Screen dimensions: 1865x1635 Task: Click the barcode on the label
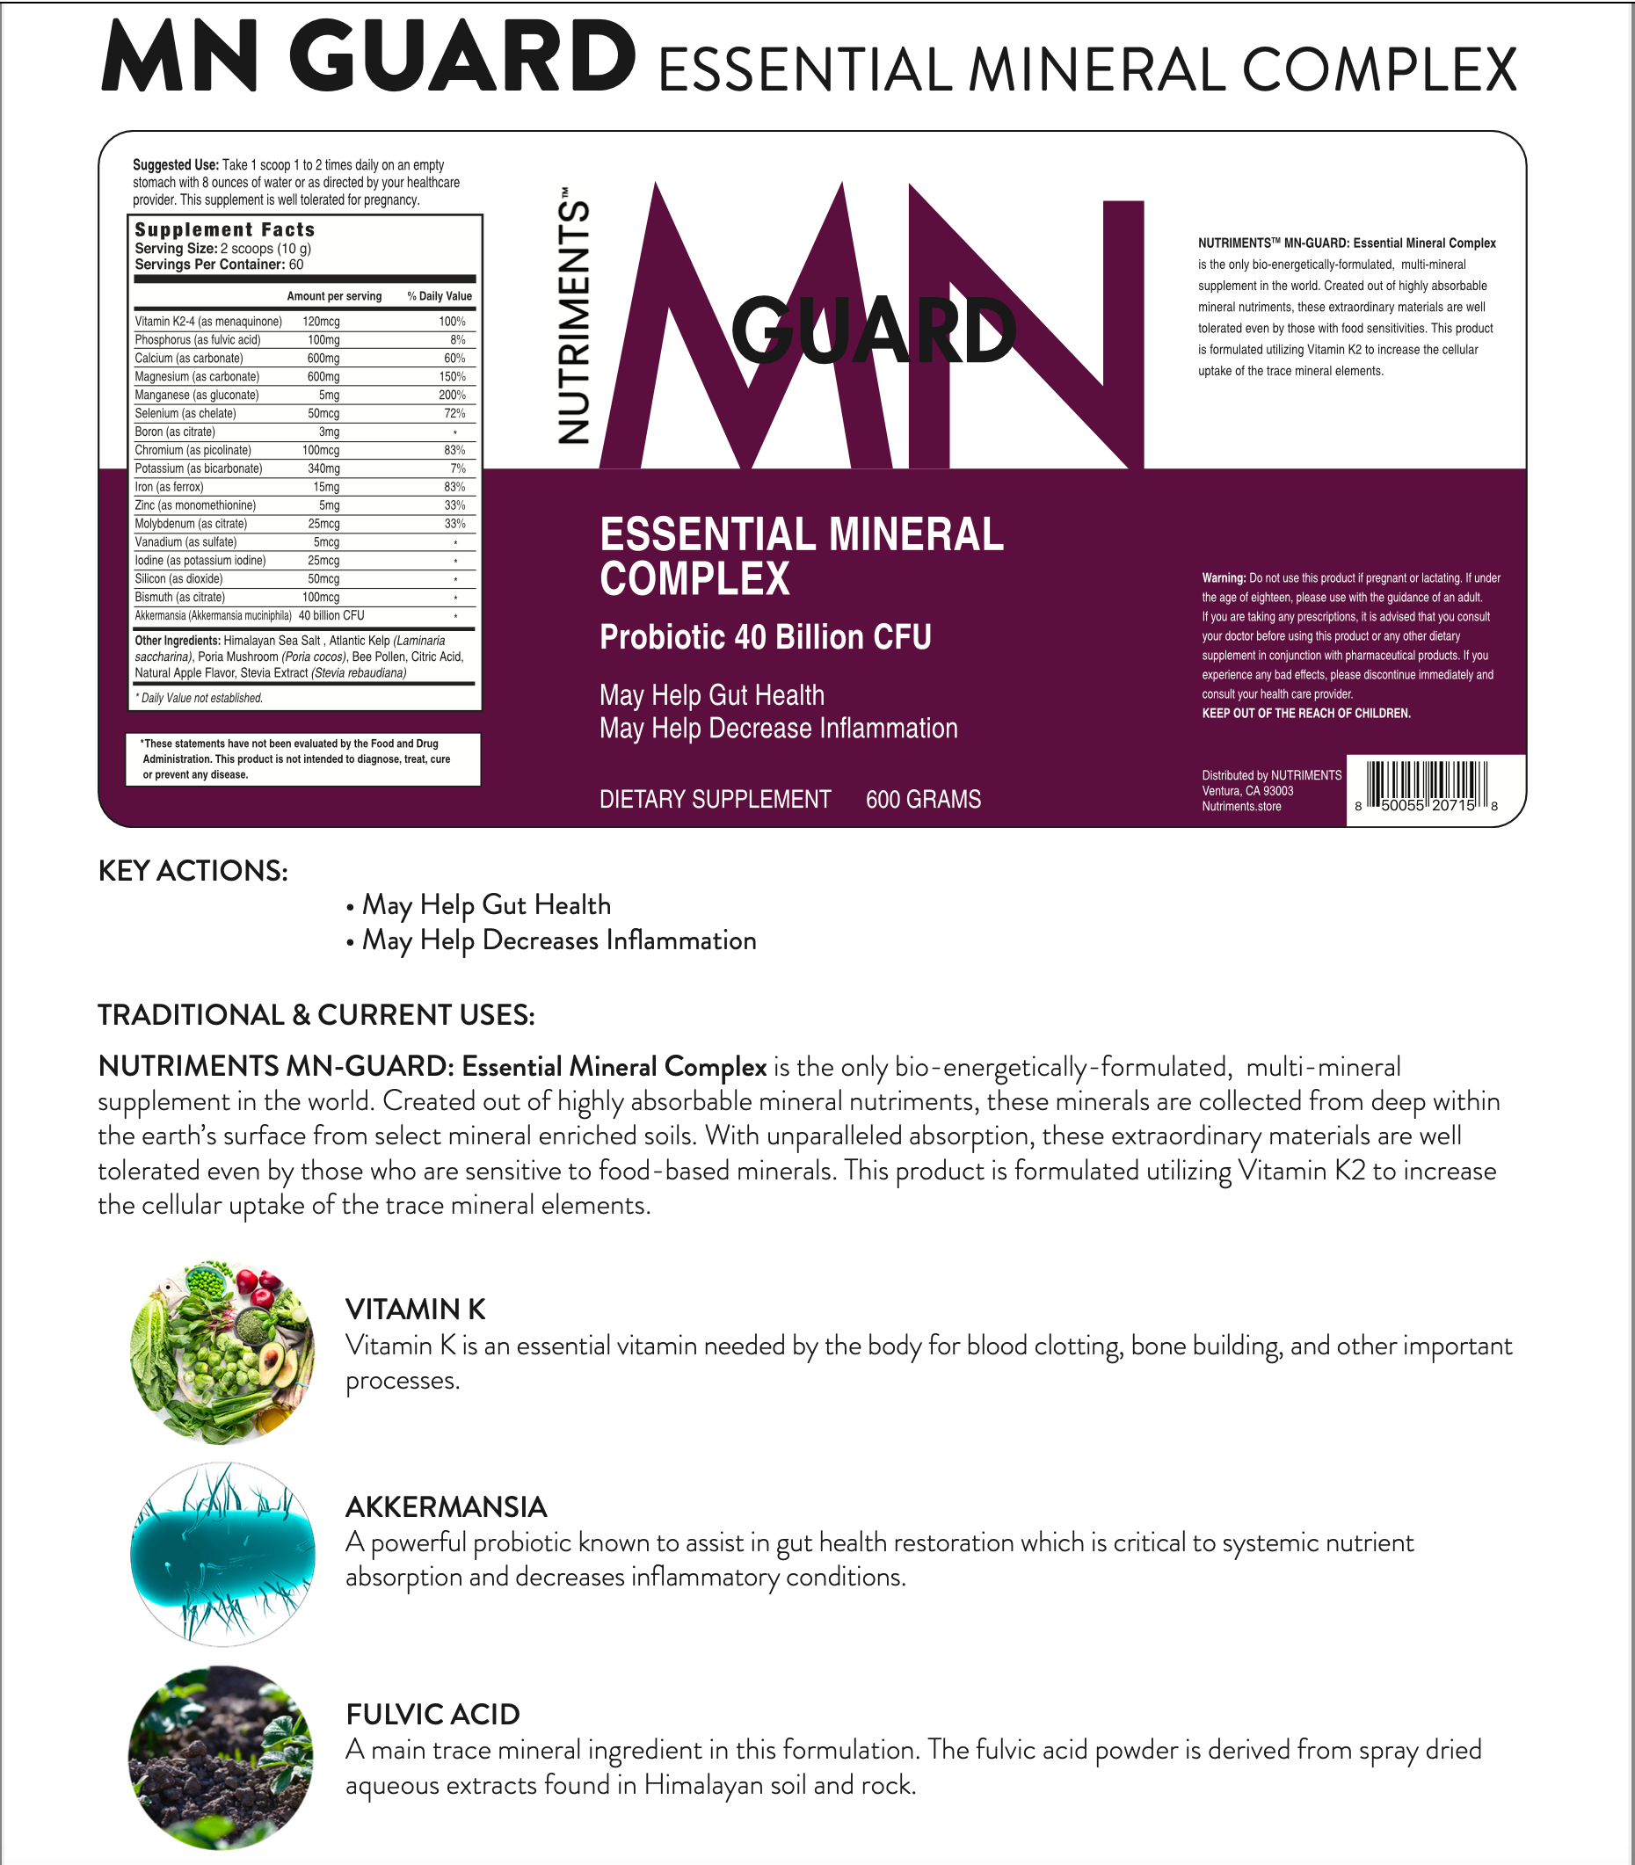1426,785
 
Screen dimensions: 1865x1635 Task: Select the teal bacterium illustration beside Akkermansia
222,1554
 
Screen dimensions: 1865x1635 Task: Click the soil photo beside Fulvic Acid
221,1756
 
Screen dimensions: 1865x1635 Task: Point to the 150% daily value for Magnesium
452,377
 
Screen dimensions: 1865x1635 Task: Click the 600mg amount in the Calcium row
323,359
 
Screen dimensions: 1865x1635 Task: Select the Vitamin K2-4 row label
208,322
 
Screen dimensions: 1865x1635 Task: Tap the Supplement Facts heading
224,230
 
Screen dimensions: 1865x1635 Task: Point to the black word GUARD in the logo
873,331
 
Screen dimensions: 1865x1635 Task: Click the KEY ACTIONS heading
193,870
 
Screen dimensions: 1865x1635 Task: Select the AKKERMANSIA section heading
447,1506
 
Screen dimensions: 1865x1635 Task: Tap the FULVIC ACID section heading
432,1714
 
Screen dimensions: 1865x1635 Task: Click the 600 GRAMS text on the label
922,799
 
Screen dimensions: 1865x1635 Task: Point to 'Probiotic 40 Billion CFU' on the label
765,637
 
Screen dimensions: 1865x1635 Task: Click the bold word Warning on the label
1223,577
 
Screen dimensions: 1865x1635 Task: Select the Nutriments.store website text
1241,807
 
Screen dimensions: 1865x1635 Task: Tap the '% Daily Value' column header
439,296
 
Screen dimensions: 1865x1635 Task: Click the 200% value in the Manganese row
452,395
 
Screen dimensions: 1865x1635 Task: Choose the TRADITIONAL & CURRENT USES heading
316,1014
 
